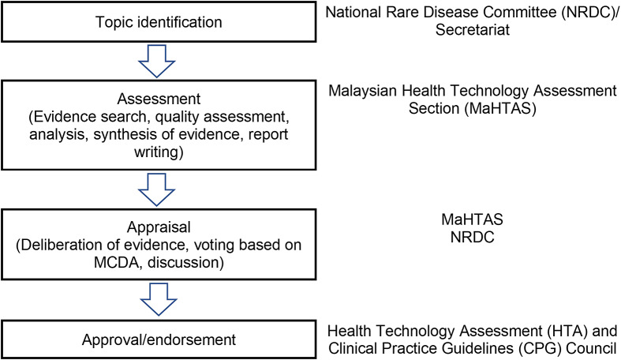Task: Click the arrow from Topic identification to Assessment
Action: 156,61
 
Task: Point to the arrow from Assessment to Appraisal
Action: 156,189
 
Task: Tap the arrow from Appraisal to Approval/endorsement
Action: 159,299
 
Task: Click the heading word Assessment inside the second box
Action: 159,99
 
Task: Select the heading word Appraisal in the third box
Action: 159,227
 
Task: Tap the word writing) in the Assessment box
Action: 159,152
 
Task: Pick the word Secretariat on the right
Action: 473,30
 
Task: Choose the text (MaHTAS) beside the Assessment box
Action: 500,108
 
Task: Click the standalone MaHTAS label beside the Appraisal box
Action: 472,219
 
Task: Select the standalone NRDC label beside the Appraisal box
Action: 472,237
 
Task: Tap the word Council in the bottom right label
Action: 591,348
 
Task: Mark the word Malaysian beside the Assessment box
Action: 363,91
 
